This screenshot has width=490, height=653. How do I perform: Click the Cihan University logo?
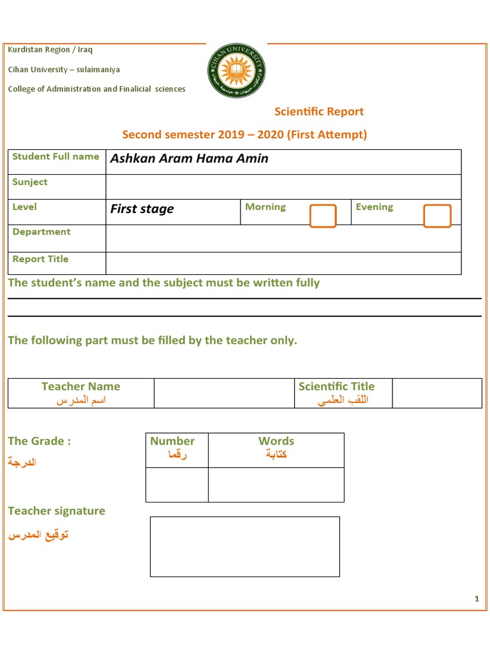(x=236, y=70)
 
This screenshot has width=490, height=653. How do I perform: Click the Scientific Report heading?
(x=319, y=112)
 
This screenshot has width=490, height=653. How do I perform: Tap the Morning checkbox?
(x=323, y=216)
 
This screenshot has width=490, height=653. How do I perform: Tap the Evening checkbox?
(x=437, y=216)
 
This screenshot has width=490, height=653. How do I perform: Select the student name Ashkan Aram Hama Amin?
(x=189, y=159)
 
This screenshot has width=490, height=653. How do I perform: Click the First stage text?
(x=142, y=209)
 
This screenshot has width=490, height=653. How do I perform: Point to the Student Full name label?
(x=56, y=156)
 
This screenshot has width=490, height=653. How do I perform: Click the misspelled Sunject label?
(x=30, y=182)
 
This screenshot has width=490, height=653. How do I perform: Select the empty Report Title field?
(x=283, y=263)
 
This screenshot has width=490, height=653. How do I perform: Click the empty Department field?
(x=283, y=238)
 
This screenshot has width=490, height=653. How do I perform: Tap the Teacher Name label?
(x=80, y=386)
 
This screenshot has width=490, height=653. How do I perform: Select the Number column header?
(x=172, y=441)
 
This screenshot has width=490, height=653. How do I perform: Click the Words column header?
(x=276, y=441)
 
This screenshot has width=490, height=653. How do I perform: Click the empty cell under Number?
(x=177, y=485)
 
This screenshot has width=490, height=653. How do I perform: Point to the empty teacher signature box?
(x=245, y=547)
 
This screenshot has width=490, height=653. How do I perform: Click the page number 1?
(x=477, y=598)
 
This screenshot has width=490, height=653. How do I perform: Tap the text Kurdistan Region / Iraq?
(x=50, y=50)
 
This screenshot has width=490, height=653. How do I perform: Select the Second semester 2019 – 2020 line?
(x=244, y=135)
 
